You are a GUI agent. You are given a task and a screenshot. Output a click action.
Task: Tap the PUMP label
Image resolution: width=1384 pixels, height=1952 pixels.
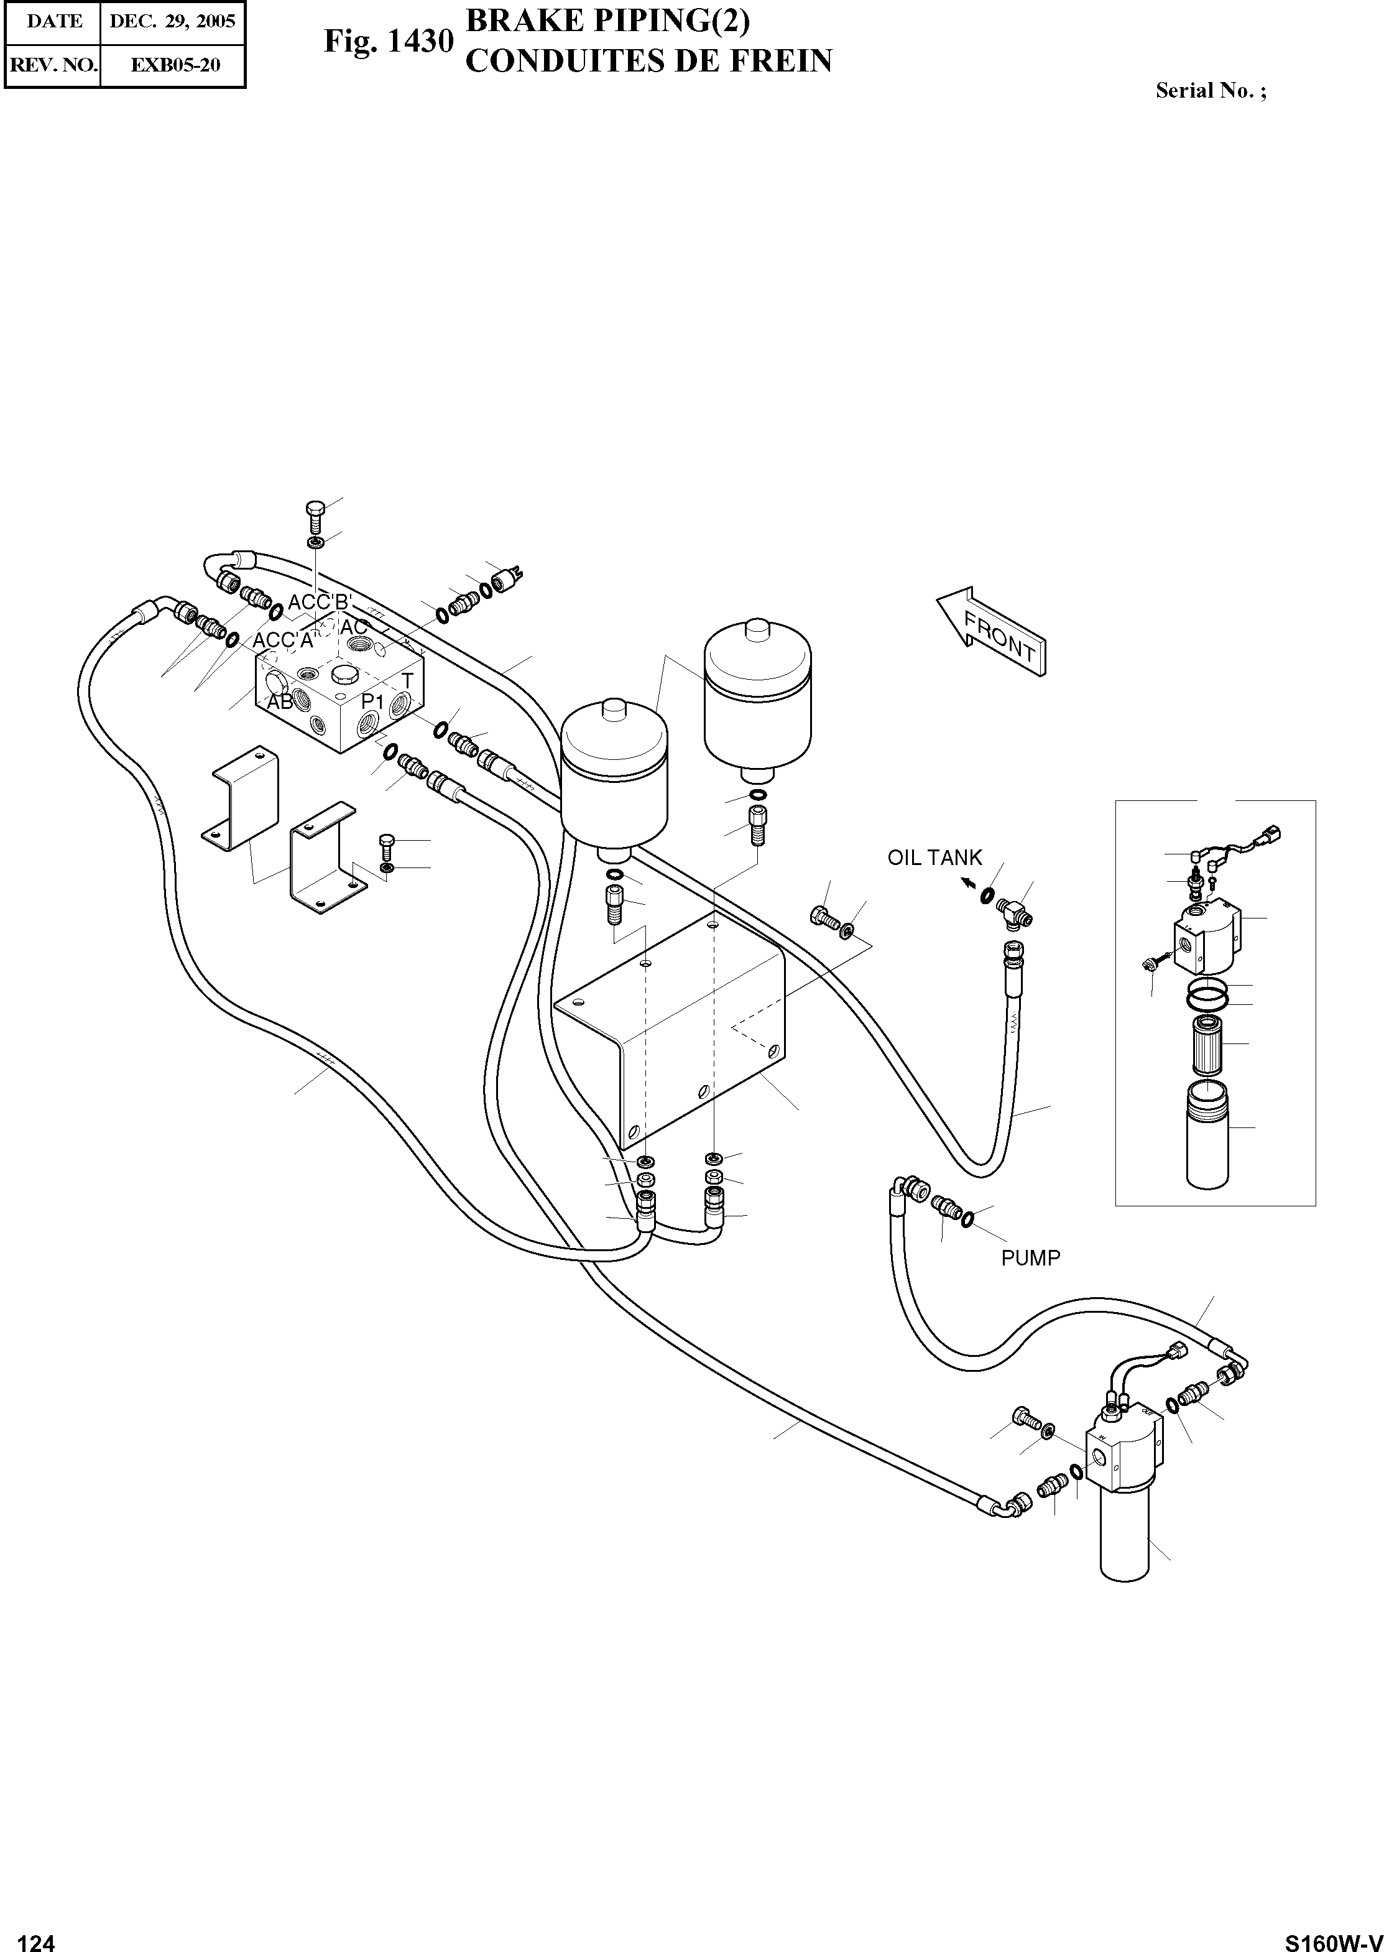1030,1258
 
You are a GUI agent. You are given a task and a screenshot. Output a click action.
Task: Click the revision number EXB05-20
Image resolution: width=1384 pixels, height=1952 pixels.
175,65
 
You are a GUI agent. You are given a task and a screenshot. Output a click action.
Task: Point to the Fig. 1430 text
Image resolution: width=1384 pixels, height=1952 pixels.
388,41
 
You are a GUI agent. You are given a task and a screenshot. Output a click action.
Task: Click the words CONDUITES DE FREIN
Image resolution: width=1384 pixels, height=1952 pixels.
648,62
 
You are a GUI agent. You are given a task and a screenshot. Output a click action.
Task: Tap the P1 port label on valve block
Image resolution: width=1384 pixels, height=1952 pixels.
372,701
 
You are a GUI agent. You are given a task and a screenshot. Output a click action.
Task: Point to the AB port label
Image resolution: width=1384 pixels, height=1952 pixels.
280,702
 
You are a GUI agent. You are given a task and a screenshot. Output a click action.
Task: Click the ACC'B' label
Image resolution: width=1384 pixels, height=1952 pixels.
320,602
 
